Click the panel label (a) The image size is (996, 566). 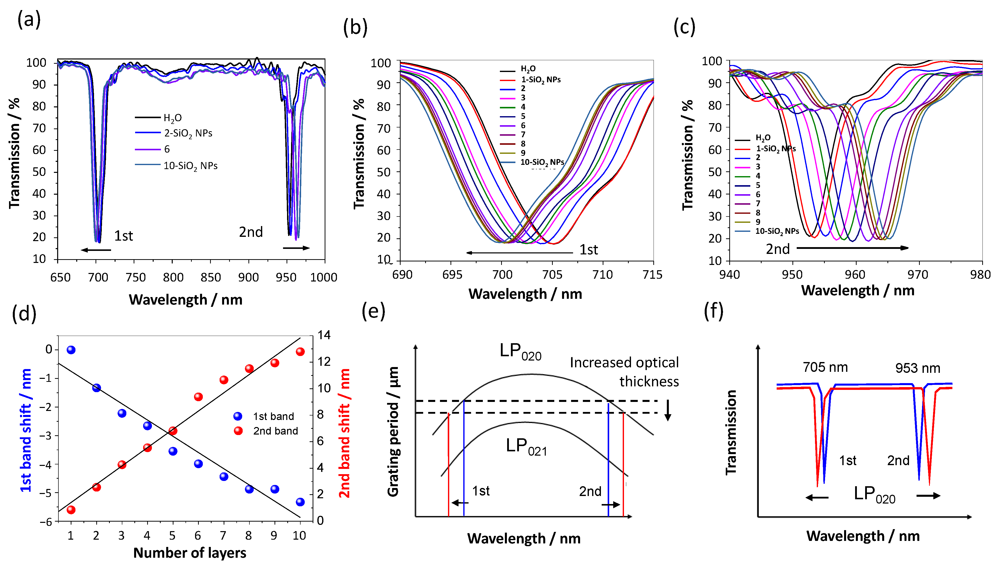tap(29, 19)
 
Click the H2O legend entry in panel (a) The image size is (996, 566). tap(172, 118)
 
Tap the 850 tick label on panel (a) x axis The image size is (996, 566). tap(211, 277)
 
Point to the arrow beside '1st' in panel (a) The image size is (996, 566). tap(96, 250)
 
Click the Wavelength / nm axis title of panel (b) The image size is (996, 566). tap(525, 294)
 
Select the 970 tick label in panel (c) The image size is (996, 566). tap(918, 275)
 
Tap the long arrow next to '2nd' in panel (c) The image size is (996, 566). tap(852, 248)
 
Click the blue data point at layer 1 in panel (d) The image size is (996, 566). tap(71, 350)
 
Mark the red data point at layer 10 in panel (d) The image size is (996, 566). tap(300, 352)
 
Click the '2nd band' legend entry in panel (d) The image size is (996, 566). tap(275, 431)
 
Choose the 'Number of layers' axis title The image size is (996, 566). tap(190, 553)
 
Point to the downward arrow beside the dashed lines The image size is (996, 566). tap(668, 410)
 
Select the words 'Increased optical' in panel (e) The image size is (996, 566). tap(624, 362)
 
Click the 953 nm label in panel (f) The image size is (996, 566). tap(918, 368)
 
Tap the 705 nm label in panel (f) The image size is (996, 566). tap(825, 367)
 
